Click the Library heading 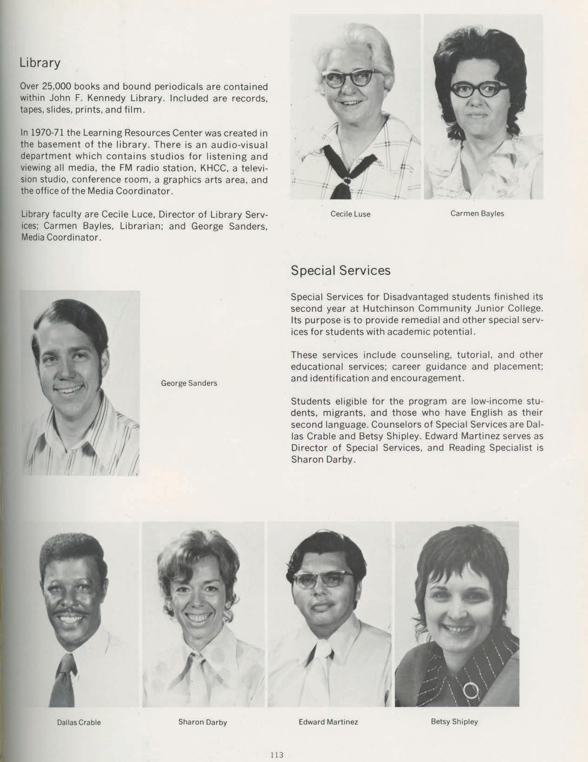coord(40,63)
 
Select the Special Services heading coord(340,270)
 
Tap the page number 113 coord(277,755)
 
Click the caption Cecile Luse coord(350,214)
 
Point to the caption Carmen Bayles coord(477,214)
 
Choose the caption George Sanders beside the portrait coord(189,383)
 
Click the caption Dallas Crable coord(79,722)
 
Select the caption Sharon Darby coord(203,722)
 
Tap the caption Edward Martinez coord(328,722)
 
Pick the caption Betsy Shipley coord(454,722)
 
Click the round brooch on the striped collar coord(471,690)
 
